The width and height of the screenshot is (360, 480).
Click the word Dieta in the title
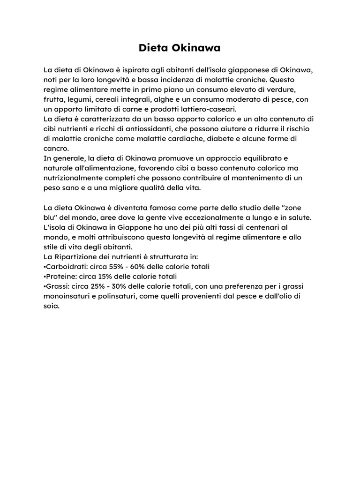pyautogui.click(x=154, y=48)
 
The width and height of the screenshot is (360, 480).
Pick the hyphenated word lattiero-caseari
pyautogui.click(x=210, y=109)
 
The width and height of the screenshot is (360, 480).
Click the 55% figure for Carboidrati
pyautogui.click(x=119, y=266)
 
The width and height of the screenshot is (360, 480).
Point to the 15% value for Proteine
pyautogui.click(x=106, y=276)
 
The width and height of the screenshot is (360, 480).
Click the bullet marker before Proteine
pyautogui.click(x=44, y=276)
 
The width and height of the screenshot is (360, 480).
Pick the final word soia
pyautogui.click(x=51, y=306)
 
